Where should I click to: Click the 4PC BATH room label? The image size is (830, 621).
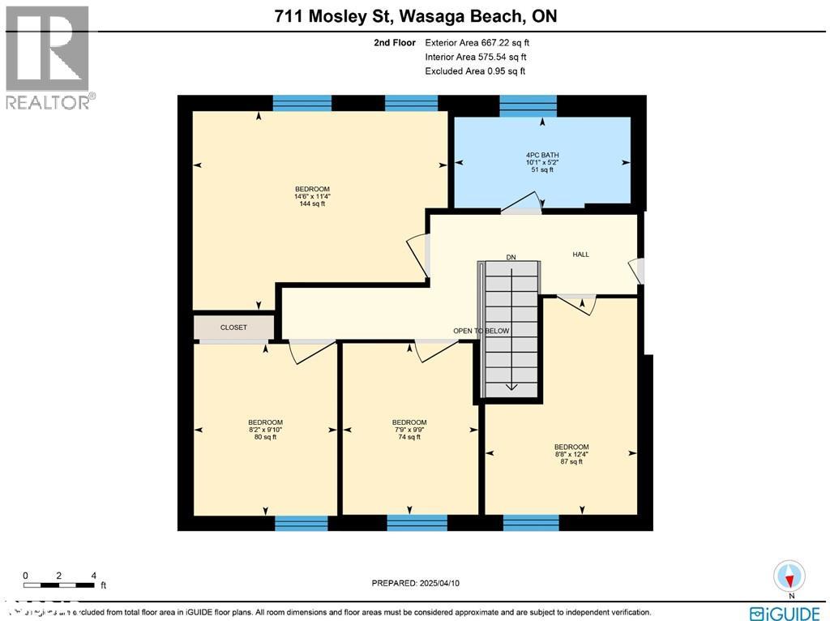pyautogui.click(x=542, y=155)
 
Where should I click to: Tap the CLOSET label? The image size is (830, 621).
pyautogui.click(x=233, y=328)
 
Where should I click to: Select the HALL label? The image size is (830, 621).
pyautogui.click(x=580, y=255)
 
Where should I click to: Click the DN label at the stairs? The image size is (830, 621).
pyautogui.click(x=511, y=257)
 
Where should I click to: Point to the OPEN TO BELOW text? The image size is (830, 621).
pyautogui.click(x=481, y=331)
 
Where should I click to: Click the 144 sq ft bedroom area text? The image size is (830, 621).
pyautogui.click(x=311, y=204)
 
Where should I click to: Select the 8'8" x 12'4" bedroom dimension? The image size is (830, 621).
pyautogui.click(x=571, y=455)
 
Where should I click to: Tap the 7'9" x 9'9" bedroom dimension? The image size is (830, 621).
pyautogui.click(x=409, y=430)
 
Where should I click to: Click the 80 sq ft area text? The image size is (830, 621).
pyautogui.click(x=265, y=437)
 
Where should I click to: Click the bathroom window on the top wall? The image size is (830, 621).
pyautogui.click(x=528, y=105)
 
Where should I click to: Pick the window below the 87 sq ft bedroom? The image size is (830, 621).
pyautogui.click(x=531, y=523)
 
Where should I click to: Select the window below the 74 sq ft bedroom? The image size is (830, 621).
pyautogui.click(x=417, y=523)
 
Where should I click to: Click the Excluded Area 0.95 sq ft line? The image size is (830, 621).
pyautogui.click(x=475, y=71)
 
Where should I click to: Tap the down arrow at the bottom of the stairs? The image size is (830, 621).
pyautogui.click(x=511, y=386)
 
